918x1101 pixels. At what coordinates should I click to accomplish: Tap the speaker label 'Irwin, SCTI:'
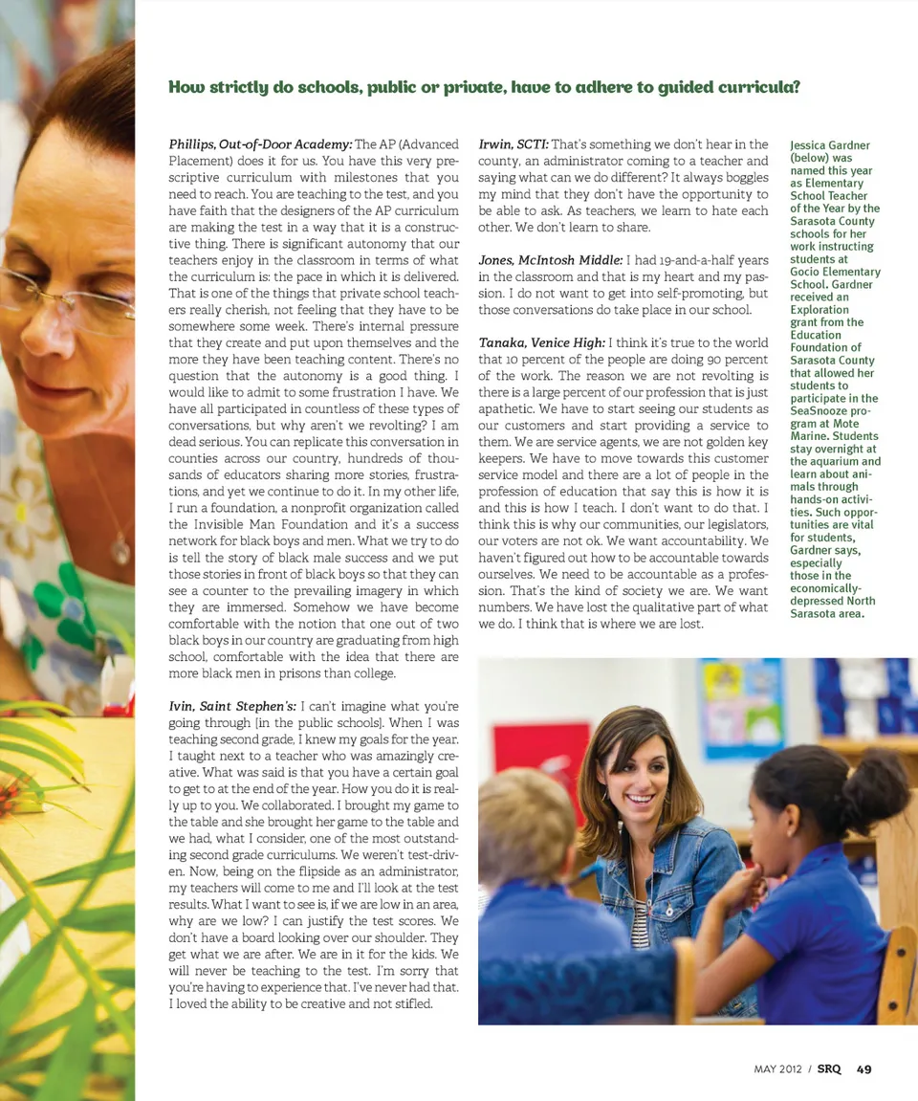[513, 144]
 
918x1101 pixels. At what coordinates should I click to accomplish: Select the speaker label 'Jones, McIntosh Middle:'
[550, 260]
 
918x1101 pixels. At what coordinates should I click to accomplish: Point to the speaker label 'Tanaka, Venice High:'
[541, 342]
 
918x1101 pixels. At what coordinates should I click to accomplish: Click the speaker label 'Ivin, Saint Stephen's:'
[232, 706]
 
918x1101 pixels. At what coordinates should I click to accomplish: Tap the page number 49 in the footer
[863, 1069]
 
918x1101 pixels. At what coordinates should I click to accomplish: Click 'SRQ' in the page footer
[829, 1069]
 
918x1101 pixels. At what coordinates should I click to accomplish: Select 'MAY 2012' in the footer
[777, 1069]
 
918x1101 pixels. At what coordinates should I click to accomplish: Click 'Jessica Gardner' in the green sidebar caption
[830, 145]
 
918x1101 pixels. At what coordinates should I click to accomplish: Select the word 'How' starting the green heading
[186, 87]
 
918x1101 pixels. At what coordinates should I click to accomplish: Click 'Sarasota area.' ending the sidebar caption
[827, 613]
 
